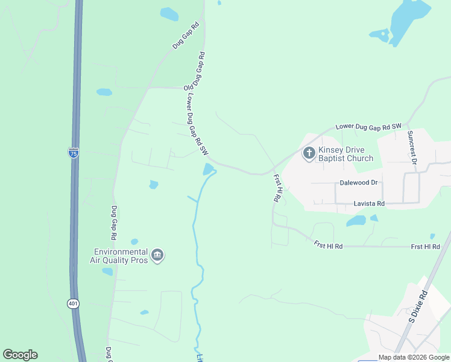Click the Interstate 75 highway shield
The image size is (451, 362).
click(73, 153)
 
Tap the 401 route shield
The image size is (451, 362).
click(74, 303)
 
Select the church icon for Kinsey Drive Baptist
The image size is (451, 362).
click(309, 153)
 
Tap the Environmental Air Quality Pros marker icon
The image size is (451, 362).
click(157, 256)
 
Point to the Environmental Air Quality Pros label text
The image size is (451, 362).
click(121, 256)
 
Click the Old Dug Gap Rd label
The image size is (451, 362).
click(194, 71)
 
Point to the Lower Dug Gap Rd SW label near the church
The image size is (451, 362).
click(368, 126)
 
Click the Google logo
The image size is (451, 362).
click(20, 354)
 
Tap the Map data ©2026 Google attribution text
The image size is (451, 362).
click(414, 357)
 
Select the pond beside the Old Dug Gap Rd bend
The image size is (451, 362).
click(209, 170)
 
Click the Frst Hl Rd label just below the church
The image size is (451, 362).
click(277, 188)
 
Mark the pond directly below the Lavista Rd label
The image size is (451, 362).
click(356, 221)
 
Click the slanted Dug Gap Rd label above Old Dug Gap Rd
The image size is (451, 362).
click(186, 36)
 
